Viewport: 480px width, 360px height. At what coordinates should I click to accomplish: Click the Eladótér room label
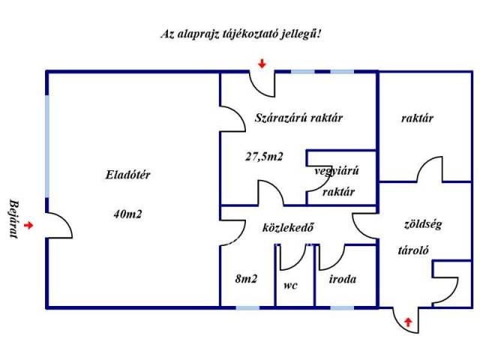(x=128, y=175)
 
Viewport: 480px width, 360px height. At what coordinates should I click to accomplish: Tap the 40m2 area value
(x=127, y=214)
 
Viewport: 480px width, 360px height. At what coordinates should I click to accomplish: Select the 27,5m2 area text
(x=264, y=157)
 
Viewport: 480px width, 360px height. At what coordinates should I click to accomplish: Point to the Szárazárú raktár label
(x=298, y=118)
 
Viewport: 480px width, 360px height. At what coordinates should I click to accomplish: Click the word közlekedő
(x=288, y=227)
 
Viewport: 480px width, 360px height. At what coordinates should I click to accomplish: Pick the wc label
(x=290, y=285)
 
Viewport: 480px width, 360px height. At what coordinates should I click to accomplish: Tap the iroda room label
(x=343, y=279)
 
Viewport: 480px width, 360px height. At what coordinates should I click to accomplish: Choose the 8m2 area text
(x=246, y=279)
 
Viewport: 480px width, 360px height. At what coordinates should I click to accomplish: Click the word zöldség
(x=423, y=224)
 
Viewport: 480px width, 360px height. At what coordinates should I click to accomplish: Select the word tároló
(x=413, y=250)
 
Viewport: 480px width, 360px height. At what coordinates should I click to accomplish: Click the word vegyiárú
(x=337, y=171)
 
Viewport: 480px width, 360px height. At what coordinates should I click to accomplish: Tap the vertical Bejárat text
(x=13, y=219)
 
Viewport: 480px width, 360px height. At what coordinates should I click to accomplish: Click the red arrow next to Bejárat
(x=28, y=225)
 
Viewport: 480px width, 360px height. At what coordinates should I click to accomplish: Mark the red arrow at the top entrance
(x=262, y=63)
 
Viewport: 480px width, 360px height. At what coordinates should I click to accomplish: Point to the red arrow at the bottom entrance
(x=408, y=322)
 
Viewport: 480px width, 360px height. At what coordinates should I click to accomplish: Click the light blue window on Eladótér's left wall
(x=47, y=146)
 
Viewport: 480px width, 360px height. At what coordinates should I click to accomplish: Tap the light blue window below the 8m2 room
(x=247, y=307)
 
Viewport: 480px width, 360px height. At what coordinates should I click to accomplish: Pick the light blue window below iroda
(x=342, y=307)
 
